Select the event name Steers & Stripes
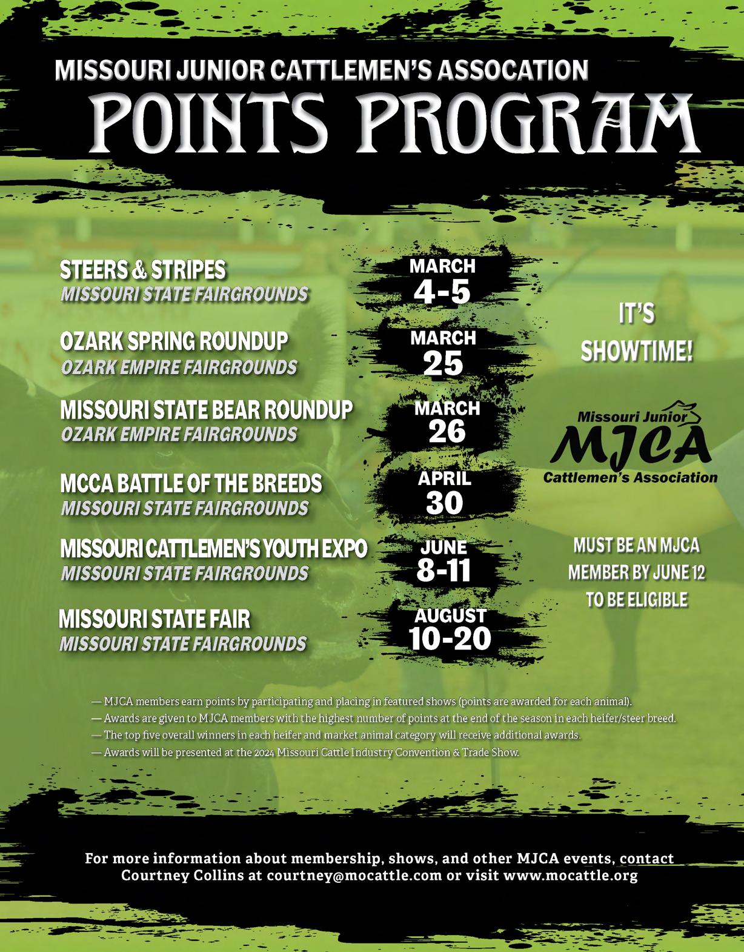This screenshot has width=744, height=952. pos(143,270)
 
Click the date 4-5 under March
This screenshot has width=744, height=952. pos(442,292)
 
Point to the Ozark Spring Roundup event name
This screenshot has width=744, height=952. pos(174,342)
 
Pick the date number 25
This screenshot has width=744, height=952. pos(443,364)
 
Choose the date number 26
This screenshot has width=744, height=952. pos(447,432)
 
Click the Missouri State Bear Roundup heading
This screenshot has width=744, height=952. pos(206,411)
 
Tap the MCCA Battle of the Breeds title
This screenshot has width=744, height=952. pos(191,484)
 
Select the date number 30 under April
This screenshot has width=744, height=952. pos(444,503)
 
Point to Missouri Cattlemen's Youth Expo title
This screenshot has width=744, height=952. pos(213,549)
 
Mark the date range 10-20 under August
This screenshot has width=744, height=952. pos(450,639)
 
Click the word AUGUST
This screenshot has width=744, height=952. pos(450,615)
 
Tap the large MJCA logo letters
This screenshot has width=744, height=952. pos(633,445)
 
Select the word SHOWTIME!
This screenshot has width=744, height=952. pos(636,352)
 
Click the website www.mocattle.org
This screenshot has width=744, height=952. pos(570,876)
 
